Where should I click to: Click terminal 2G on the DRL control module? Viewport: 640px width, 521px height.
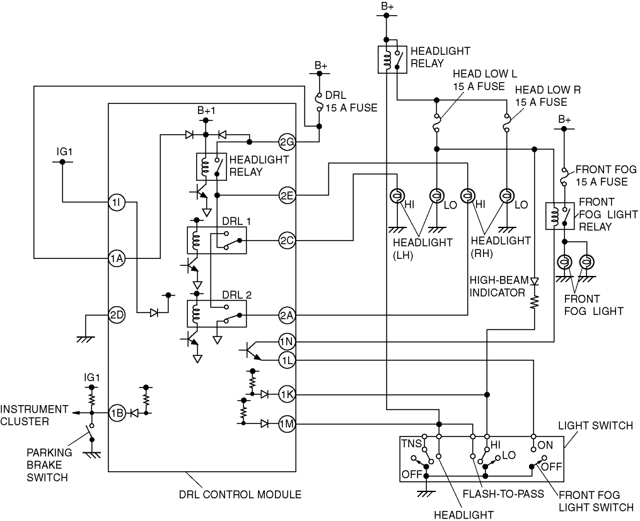point(287,142)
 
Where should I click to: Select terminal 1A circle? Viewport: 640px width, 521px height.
point(116,258)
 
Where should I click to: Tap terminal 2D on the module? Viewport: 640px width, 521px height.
point(116,315)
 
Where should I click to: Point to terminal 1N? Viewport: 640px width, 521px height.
point(287,341)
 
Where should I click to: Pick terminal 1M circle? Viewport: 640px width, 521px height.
point(287,424)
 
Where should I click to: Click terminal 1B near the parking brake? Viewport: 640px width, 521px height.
point(116,413)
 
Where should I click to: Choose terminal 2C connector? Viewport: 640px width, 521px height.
point(287,241)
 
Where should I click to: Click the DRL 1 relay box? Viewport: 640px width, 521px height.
point(217,241)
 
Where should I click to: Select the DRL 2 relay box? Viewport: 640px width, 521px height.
point(217,314)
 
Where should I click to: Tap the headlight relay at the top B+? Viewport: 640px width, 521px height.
point(392,59)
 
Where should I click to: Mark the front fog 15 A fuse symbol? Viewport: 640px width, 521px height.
point(564,177)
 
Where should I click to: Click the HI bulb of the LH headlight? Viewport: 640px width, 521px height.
point(397,196)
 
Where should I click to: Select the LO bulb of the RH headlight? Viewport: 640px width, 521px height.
point(506,196)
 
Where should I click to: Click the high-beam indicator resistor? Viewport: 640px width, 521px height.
point(534,302)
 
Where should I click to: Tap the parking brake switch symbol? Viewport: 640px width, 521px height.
point(91,433)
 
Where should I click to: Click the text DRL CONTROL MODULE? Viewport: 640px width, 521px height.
point(240,495)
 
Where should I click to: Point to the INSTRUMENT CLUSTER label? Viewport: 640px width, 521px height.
point(34,415)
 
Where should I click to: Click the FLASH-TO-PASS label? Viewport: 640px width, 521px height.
point(503,494)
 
